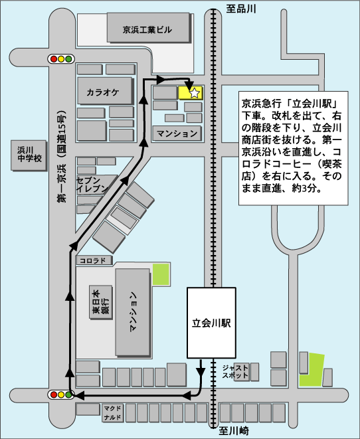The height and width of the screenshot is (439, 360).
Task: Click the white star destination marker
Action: click(x=195, y=93)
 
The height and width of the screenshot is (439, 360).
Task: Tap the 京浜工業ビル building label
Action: click(x=147, y=30)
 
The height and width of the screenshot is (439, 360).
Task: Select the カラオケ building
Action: click(x=105, y=91)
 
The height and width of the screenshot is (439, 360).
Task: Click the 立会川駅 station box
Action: click(x=211, y=323)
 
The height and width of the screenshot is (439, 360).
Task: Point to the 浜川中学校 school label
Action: click(x=29, y=154)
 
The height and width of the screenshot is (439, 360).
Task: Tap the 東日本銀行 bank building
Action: click(x=101, y=302)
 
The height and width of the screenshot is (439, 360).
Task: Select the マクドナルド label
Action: click(x=112, y=413)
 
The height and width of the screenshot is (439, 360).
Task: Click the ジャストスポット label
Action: click(x=235, y=371)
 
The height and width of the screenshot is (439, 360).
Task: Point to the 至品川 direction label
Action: click(x=241, y=9)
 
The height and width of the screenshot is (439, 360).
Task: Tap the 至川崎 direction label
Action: click(x=234, y=430)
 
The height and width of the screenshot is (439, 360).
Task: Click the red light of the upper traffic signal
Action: click(x=53, y=59)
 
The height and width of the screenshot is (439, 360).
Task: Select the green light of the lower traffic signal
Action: click(x=68, y=395)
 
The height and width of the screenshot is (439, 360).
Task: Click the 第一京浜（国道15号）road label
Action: click(x=62, y=157)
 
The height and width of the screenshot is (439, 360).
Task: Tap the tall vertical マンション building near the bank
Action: click(x=133, y=312)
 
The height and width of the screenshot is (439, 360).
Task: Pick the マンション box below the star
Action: click(x=177, y=133)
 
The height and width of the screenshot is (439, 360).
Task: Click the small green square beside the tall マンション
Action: click(x=161, y=274)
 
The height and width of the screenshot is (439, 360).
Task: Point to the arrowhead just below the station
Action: click(x=201, y=371)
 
